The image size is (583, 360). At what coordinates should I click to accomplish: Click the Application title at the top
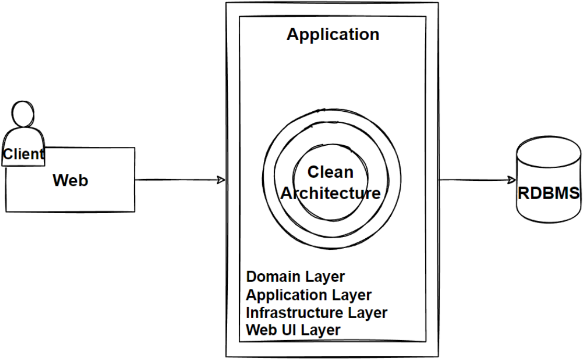(333, 34)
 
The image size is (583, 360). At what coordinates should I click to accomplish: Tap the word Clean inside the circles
(330, 172)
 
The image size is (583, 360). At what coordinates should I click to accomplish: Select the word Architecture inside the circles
(331, 193)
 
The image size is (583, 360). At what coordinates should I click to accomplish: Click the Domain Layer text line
(296, 276)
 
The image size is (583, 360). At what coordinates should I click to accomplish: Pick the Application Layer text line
(309, 295)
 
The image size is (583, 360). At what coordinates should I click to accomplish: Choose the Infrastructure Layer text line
(317, 312)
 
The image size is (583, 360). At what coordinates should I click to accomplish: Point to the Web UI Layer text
(293, 330)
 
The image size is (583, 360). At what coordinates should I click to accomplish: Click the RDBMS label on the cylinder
(549, 193)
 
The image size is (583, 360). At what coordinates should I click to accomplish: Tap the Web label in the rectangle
(71, 181)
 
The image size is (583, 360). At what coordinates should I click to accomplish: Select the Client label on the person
(24, 155)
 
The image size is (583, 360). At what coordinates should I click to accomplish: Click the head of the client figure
(24, 114)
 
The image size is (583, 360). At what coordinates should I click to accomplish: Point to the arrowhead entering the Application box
(221, 180)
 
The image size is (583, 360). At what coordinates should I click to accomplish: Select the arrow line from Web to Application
(178, 180)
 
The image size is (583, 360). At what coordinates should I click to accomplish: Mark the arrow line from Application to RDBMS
(473, 180)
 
